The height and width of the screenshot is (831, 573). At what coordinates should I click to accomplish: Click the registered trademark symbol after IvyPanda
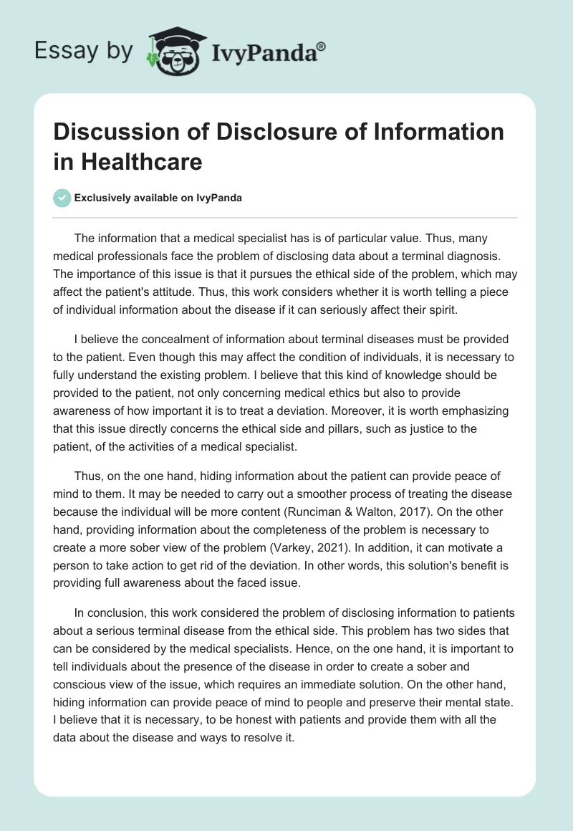(321, 47)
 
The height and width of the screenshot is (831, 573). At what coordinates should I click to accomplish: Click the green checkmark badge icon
(62, 198)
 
